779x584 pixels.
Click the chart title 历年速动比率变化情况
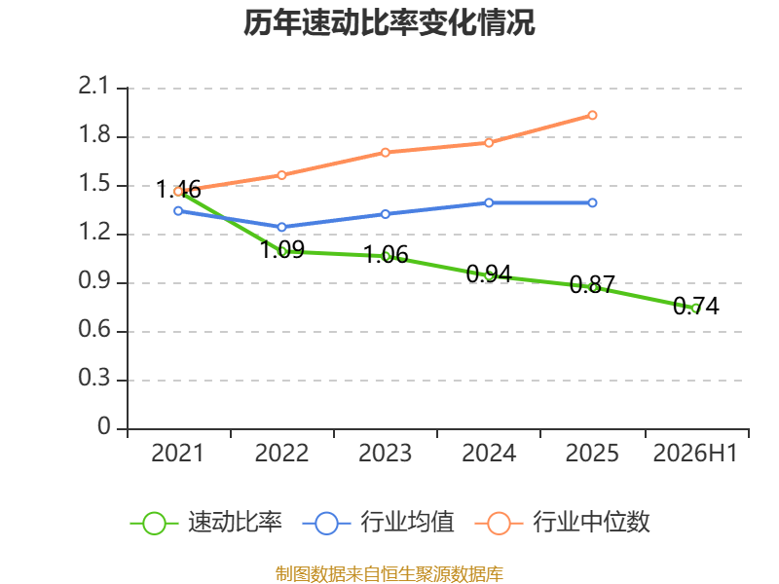tap(389, 22)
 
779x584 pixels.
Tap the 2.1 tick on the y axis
tap(93, 86)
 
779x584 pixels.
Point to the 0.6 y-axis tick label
tap(93, 329)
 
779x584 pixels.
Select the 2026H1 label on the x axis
tap(695, 453)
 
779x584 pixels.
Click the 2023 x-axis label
tap(385, 453)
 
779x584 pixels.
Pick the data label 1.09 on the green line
tap(282, 249)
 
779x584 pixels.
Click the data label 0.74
tap(696, 306)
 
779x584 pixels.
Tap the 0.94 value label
tap(489, 274)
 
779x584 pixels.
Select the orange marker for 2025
tap(592, 115)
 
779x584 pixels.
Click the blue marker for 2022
tap(281, 227)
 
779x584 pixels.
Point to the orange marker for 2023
tap(385, 153)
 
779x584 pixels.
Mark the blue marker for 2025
tap(592, 202)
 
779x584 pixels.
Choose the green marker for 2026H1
tap(695, 309)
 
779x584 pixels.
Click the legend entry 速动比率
tap(205, 523)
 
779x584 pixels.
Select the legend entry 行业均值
tap(378, 523)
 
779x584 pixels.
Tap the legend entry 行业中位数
tap(563, 523)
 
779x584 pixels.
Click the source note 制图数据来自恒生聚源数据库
tap(389, 574)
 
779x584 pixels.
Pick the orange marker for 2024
tap(489, 143)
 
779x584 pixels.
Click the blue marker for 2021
tap(178, 211)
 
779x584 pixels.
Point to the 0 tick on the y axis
tap(104, 426)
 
